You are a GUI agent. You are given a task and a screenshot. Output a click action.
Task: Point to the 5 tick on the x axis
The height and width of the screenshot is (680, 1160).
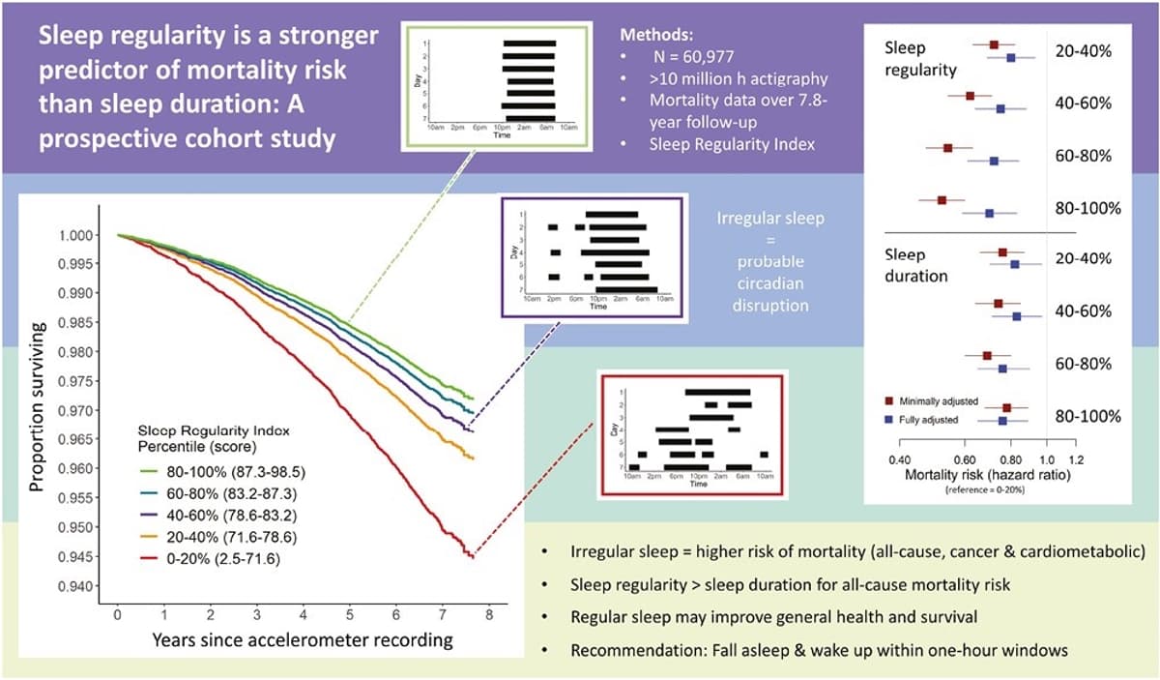[x=349, y=613]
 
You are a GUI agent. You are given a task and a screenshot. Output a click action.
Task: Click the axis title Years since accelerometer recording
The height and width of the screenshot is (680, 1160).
[x=302, y=639]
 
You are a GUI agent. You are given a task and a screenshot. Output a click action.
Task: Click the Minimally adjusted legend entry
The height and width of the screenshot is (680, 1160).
[x=934, y=400]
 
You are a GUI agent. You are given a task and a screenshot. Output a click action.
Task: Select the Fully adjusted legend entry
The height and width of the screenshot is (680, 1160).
[x=926, y=420]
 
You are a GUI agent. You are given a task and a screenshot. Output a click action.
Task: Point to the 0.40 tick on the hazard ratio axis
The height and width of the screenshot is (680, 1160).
[x=899, y=459]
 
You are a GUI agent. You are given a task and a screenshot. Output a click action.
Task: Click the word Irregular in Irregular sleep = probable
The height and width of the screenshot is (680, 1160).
[x=744, y=219]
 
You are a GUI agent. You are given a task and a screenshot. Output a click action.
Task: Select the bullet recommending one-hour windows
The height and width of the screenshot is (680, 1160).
[x=819, y=650]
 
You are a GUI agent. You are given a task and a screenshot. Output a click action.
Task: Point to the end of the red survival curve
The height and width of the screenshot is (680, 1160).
[x=471, y=557]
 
